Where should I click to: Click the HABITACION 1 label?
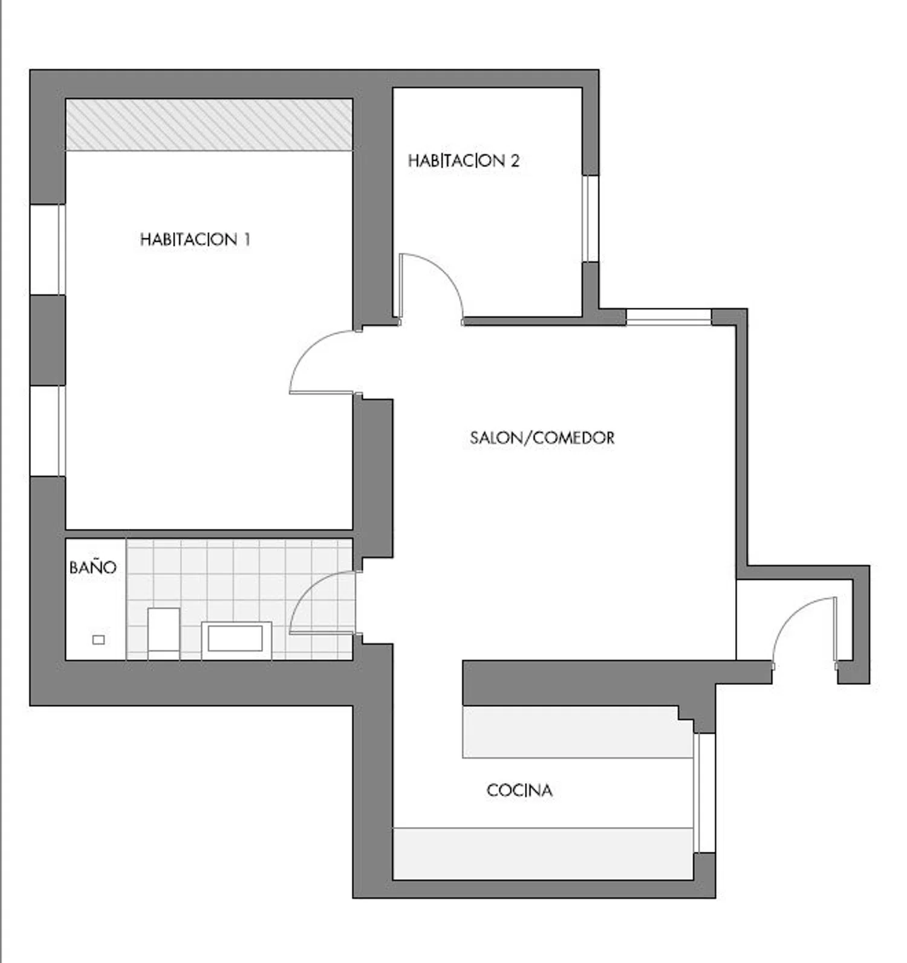pyautogui.click(x=195, y=239)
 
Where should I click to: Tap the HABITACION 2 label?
pyautogui.click(x=463, y=161)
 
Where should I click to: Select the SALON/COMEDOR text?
pyautogui.click(x=542, y=438)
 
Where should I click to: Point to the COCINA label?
pyautogui.click(x=519, y=790)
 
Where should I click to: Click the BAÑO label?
pyautogui.click(x=93, y=567)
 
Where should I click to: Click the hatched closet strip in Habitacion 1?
pyautogui.click(x=209, y=125)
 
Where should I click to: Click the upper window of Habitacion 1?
pyautogui.click(x=47, y=250)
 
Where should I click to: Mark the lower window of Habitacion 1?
pyautogui.click(x=47, y=430)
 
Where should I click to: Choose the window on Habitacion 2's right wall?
pyautogui.click(x=590, y=219)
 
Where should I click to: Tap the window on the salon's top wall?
pyautogui.click(x=669, y=317)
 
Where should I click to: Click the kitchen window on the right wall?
pyautogui.click(x=704, y=793)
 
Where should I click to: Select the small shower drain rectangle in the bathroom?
pyautogui.click(x=99, y=640)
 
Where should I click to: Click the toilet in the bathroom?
pyautogui.click(x=164, y=633)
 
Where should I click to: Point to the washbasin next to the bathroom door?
pyautogui.click(x=236, y=639)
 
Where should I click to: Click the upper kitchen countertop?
pyautogui.click(x=577, y=731)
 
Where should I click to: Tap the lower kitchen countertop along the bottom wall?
pyautogui.click(x=543, y=854)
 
